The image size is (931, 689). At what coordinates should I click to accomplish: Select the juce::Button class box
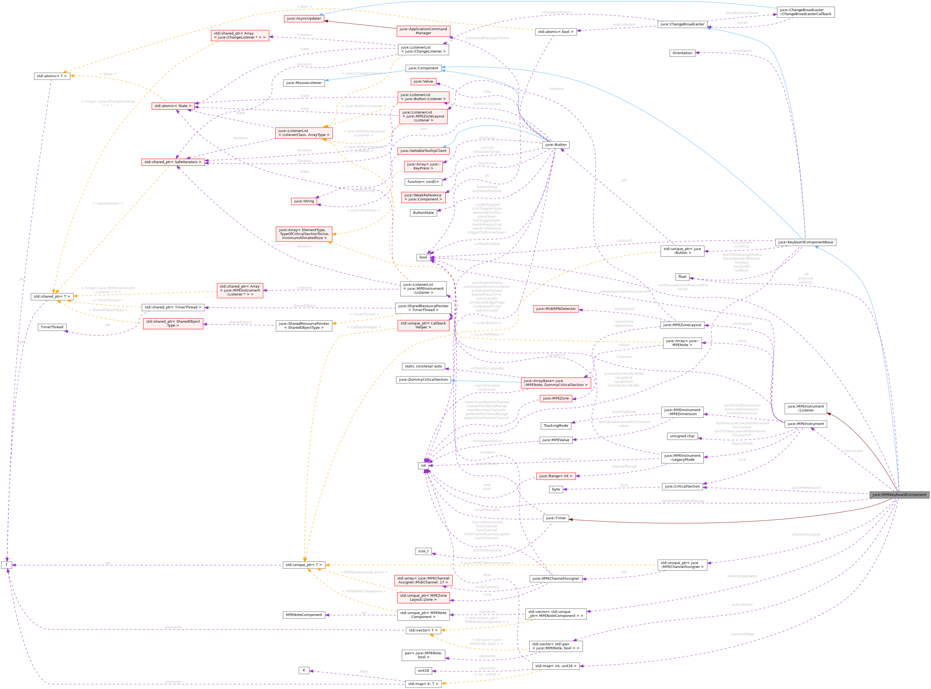[555, 145]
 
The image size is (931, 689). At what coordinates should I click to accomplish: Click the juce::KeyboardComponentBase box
[806, 242]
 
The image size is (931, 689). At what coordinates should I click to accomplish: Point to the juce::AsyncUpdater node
[304, 18]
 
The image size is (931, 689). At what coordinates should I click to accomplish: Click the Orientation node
[682, 53]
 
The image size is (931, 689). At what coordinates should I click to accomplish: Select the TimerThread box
[52, 327]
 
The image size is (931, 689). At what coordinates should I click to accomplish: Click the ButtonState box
[423, 213]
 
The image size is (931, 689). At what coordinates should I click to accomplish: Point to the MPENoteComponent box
[304, 615]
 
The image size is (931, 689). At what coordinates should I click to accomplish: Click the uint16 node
[423, 671]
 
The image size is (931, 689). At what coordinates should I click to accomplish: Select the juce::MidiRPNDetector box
[555, 309]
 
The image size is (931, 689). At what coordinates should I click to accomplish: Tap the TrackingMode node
[555, 426]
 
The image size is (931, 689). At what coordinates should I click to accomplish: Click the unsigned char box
[682, 436]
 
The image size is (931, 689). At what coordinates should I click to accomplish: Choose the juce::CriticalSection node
[682, 486]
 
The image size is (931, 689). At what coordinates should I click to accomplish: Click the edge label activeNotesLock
[806, 487]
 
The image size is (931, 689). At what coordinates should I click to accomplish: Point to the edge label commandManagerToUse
[487, 38]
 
